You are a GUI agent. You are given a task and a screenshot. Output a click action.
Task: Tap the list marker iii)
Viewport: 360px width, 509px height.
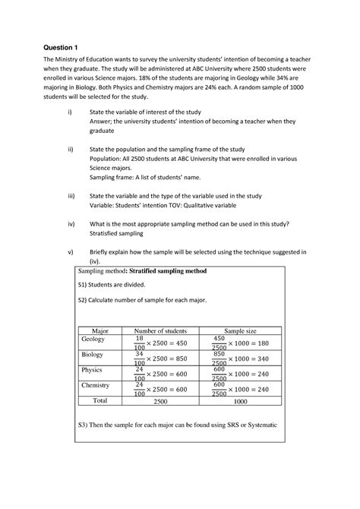click(71, 195)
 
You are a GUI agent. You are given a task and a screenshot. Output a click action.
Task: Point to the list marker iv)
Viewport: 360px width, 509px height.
click(71, 224)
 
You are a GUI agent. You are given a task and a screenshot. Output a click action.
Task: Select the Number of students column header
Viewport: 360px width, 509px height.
click(160, 330)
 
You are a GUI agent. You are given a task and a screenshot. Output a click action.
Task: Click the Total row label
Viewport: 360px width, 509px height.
click(100, 400)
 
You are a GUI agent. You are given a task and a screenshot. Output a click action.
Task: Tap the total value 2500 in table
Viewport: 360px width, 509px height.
click(160, 400)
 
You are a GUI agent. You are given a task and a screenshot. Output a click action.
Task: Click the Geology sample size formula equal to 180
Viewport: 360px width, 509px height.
click(240, 343)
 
